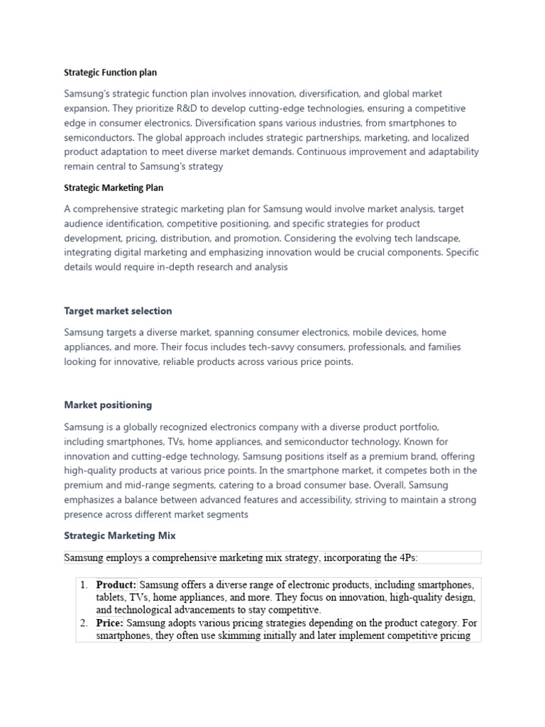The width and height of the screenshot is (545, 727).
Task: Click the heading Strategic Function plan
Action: [111, 72]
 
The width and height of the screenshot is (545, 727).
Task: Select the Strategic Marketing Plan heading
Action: [114, 188]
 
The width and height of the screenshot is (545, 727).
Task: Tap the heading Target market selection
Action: [118, 311]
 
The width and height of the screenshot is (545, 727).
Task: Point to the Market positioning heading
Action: [108, 405]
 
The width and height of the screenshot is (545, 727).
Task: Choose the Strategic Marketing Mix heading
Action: [120, 535]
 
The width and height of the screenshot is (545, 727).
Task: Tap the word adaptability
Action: [448, 152]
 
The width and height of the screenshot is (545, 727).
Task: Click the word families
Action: [421, 347]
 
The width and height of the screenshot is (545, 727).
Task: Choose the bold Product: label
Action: [116, 585]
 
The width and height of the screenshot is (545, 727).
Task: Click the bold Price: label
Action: [110, 623]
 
